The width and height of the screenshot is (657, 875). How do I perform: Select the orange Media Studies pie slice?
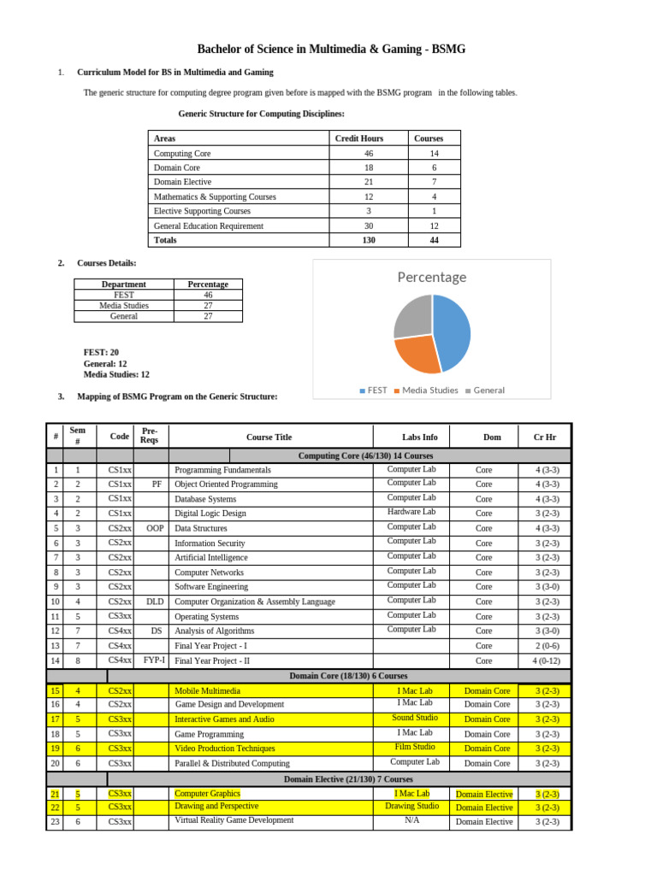tap(417, 354)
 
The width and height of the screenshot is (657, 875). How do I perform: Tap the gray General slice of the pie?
tap(411, 315)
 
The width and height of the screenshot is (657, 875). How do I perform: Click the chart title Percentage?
tap(431, 277)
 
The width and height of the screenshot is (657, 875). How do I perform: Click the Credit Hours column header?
tap(358, 138)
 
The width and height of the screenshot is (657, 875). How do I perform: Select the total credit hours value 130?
tap(368, 240)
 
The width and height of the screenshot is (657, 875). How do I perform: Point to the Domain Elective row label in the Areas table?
tap(182, 182)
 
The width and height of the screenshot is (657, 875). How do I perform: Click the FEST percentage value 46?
tap(208, 295)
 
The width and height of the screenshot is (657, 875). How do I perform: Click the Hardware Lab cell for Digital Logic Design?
tap(411, 512)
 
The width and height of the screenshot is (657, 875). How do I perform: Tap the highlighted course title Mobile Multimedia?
tap(207, 690)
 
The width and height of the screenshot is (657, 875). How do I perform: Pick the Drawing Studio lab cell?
tap(411, 806)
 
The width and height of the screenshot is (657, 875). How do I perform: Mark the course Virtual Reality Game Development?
tap(234, 820)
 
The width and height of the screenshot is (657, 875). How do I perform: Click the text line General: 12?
tap(104, 363)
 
